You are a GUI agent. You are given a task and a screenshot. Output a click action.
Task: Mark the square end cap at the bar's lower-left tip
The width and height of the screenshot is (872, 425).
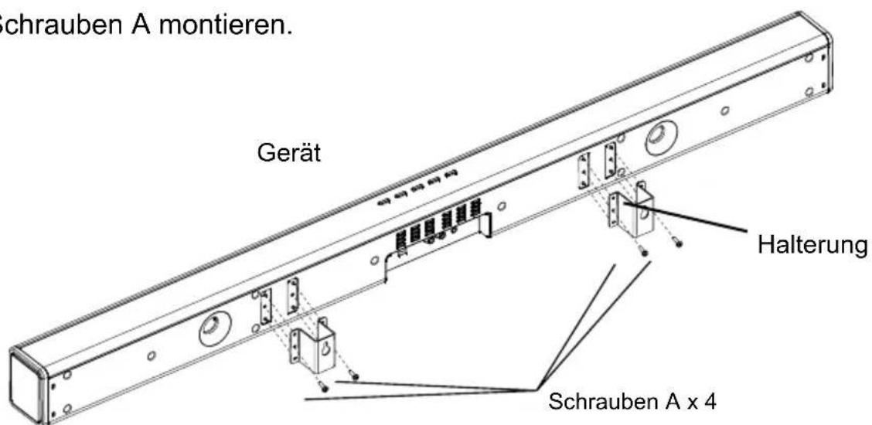[x=29, y=385]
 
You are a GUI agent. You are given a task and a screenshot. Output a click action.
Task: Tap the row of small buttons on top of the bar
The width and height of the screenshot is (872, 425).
[x=418, y=189]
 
